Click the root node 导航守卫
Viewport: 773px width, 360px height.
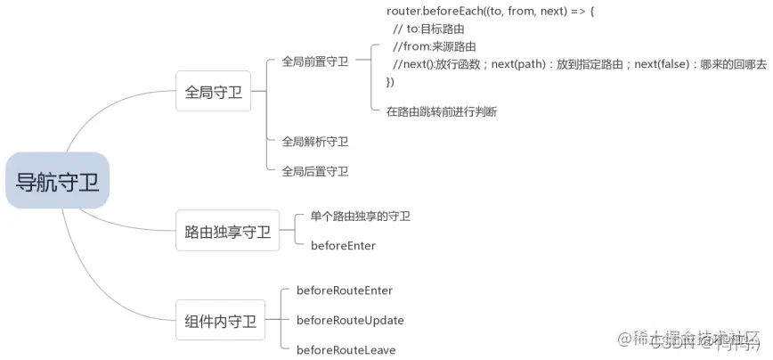tap(58, 181)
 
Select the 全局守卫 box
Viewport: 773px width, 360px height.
tap(213, 92)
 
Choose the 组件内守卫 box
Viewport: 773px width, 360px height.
tap(220, 321)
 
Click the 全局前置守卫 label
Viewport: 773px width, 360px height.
tap(314, 61)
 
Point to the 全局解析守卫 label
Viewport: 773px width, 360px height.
tap(314, 141)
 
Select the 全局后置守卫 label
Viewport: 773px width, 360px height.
tap(314, 171)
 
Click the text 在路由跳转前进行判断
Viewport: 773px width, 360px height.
tap(441, 111)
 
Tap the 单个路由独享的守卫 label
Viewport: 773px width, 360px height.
tap(360, 216)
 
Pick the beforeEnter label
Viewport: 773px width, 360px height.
tap(343, 245)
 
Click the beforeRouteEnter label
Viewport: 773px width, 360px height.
tap(344, 290)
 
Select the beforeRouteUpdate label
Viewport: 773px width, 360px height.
tap(350, 320)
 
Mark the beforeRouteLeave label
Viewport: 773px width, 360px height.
tap(346, 350)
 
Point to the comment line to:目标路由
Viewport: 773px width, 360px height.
tap(427, 29)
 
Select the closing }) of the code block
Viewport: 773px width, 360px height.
tap(390, 82)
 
